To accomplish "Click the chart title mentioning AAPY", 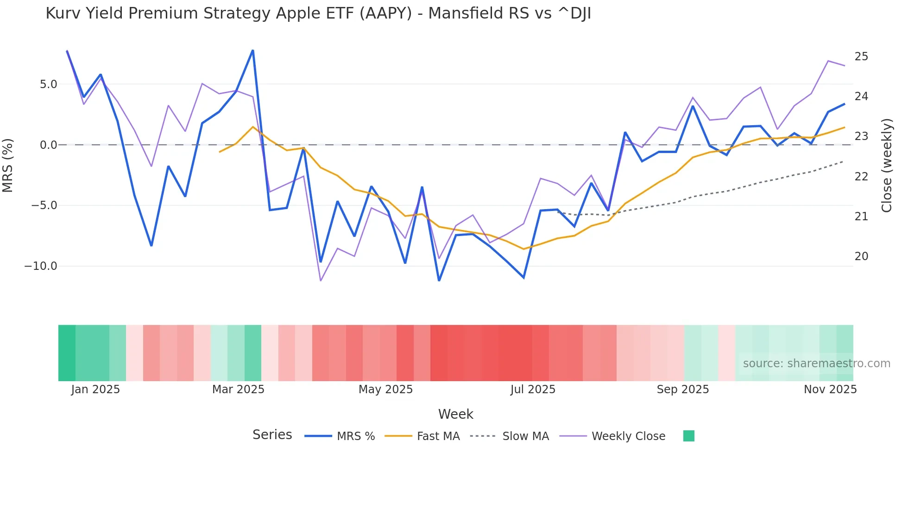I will (318, 13).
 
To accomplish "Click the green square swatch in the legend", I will (688, 436).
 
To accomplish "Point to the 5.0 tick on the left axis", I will (48, 84).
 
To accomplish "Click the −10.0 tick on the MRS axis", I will (41, 266).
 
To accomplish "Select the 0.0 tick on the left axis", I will (48, 145).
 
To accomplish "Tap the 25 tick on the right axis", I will (861, 57).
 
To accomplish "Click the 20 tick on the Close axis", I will (861, 256).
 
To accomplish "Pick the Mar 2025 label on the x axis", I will (238, 390).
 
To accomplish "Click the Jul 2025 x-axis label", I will (533, 390).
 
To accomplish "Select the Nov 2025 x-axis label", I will (830, 390).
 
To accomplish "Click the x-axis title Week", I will (455, 414).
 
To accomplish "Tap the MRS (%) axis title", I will (8, 165).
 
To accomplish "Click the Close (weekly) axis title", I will (887, 165).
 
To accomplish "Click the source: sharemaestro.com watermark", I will (816, 364).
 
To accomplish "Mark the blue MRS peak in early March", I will (252, 50).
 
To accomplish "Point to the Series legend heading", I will (272, 435).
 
